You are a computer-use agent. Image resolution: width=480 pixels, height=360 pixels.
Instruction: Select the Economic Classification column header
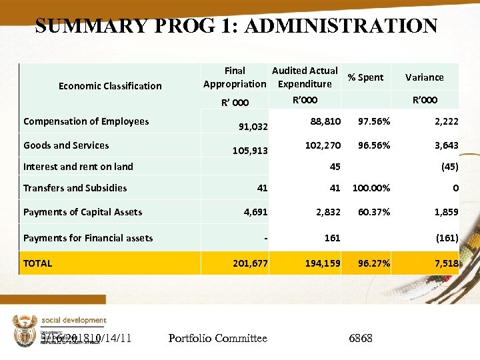tap(110, 85)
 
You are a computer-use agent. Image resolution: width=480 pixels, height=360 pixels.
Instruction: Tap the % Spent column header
tap(365, 77)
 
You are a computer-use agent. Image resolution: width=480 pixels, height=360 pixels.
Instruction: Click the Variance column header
tap(425, 77)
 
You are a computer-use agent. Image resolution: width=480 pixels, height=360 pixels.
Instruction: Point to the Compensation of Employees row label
tap(86, 121)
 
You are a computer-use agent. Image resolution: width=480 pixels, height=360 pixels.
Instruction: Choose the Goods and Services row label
tap(66, 145)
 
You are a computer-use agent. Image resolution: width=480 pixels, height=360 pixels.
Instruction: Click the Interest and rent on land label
tap(78, 167)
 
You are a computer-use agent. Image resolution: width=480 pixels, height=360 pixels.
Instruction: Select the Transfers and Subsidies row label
tap(75, 188)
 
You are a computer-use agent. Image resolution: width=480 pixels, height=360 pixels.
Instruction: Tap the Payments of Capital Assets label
tap(83, 212)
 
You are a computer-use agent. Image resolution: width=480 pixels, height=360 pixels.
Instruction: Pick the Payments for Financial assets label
tap(88, 238)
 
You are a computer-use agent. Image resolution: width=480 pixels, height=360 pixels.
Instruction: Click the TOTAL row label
tap(37, 263)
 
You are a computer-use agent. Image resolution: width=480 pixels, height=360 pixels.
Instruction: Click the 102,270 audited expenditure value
tap(323, 145)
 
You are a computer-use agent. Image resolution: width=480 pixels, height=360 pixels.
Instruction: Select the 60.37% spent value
tap(374, 212)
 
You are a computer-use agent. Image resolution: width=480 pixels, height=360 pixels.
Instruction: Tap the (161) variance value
tap(447, 238)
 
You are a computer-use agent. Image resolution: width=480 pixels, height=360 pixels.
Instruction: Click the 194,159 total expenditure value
tap(323, 263)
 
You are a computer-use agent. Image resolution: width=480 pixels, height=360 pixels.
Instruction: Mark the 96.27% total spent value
tap(374, 263)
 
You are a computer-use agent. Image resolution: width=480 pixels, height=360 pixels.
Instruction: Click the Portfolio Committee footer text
tap(218, 339)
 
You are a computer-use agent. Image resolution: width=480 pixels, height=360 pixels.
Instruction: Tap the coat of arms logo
tap(23, 330)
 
